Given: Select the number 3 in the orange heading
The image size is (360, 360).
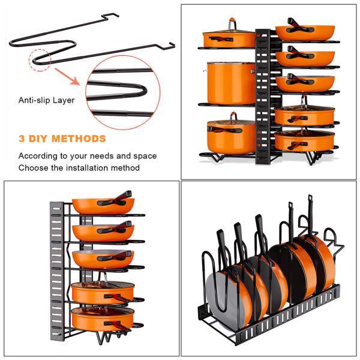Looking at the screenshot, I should (22, 139).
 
